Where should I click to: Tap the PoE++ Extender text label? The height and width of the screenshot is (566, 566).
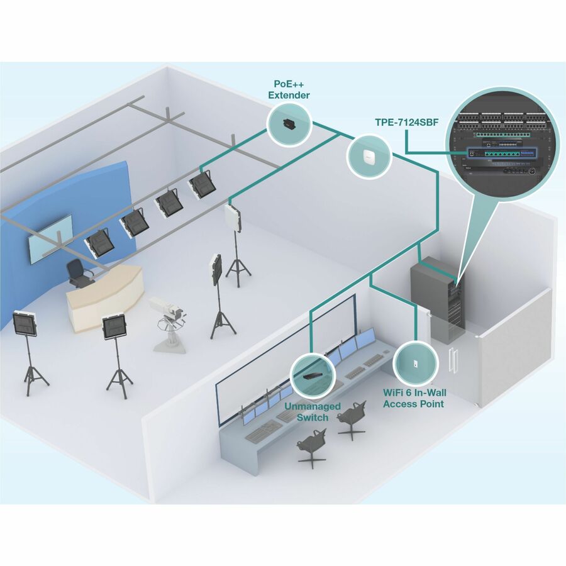tap(289, 89)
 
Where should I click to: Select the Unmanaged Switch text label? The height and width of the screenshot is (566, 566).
tap(313, 412)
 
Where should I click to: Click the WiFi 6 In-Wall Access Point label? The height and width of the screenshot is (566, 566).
tap(414, 397)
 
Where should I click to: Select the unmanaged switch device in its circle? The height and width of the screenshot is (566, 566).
tap(313, 375)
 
